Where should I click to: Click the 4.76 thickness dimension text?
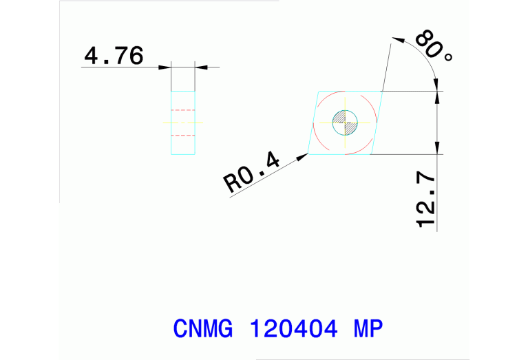pyautogui.click(x=114, y=55)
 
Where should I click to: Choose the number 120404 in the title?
pyautogui.click(x=292, y=328)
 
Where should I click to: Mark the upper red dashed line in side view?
pyautogui.click(x=183, y=110)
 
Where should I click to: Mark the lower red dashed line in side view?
pyautogui.click(x=183, y=136)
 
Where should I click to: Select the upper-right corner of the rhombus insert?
pyautogui.click(x=381, y=91)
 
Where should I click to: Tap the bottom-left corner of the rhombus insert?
pyautogui.click(x=308, y=154)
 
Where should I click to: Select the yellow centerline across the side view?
pyautogui.click(x=183, y=123)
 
